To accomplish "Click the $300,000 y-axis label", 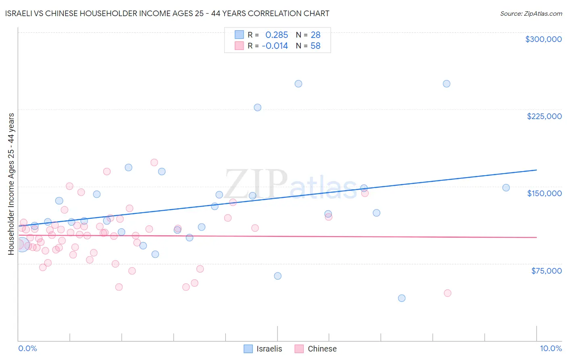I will click(543, 39).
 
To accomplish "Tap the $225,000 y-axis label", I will click(544, 116).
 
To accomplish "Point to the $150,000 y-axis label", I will click(544, 193).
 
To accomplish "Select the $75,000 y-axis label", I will click(546, 271).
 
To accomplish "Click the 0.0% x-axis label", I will click(27, 348).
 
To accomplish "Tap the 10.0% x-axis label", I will click(550, 348).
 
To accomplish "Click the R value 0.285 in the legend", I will click(277, 35).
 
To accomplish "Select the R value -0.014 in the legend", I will click(275, 46).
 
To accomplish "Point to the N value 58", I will click(315, 46).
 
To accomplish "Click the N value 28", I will click(315, 35).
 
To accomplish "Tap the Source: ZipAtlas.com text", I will click(531, 13).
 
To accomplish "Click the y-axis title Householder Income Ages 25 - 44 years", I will click(11, 184).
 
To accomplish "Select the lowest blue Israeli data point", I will click(402, 298).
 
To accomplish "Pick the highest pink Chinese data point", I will click(154, 163).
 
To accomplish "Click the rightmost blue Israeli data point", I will click(506, 188).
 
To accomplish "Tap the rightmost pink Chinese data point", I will click(447, 293).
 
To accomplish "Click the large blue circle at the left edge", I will click(22, 245).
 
